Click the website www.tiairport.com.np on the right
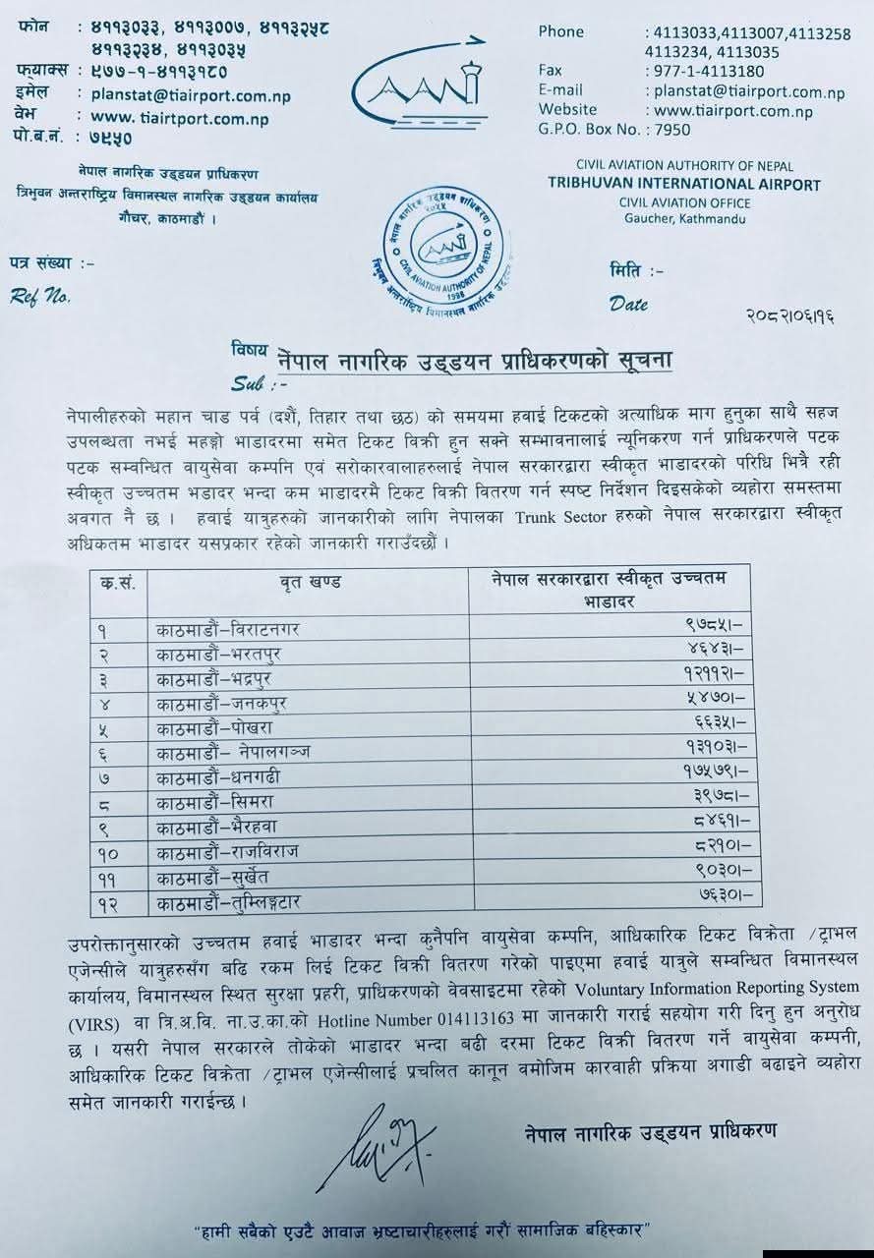[x=728, y=110]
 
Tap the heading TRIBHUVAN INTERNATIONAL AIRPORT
[x=683, y=184]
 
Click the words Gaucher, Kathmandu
[x=685, y=218]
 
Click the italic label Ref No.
[x=40, y=295]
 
